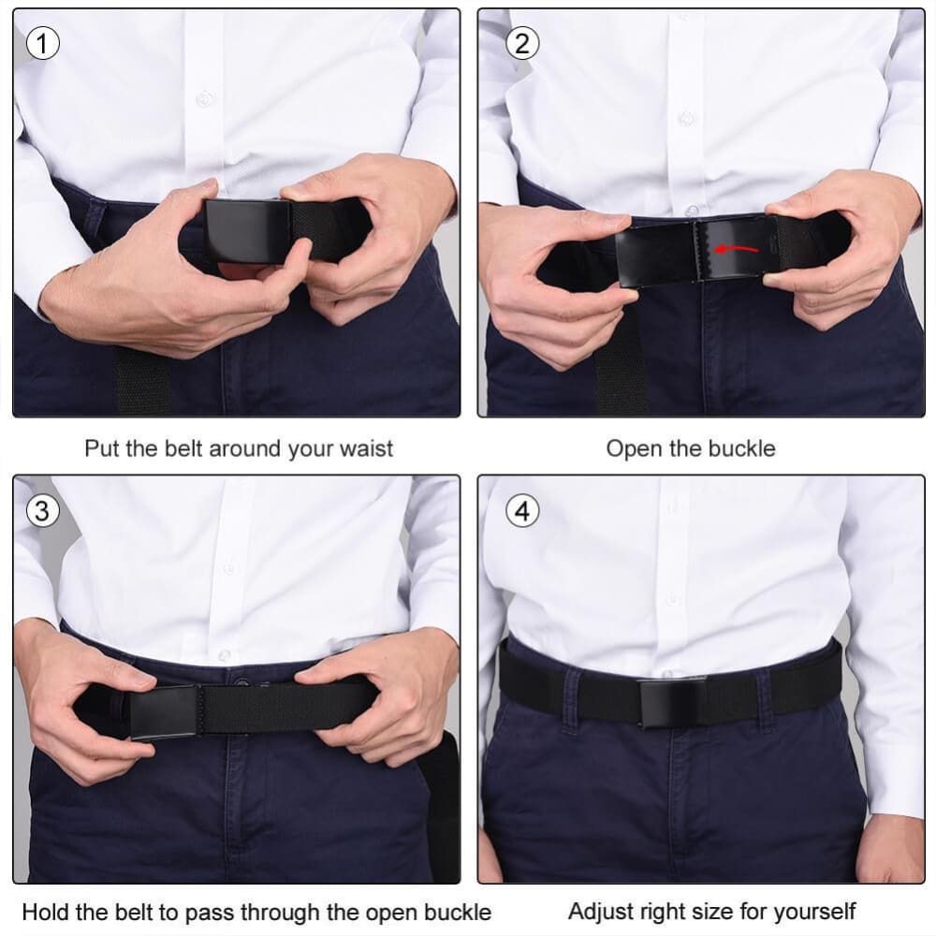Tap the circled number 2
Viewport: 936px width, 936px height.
522,43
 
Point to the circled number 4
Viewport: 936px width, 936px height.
522,511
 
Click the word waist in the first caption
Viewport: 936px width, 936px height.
363,448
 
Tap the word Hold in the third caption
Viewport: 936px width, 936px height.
43,912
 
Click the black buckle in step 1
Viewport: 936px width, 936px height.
248,230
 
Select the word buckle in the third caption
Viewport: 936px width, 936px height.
457,912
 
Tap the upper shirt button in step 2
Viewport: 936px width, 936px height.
687,119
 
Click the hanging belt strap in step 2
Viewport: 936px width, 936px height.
622,370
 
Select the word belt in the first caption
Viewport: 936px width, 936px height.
180,448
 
